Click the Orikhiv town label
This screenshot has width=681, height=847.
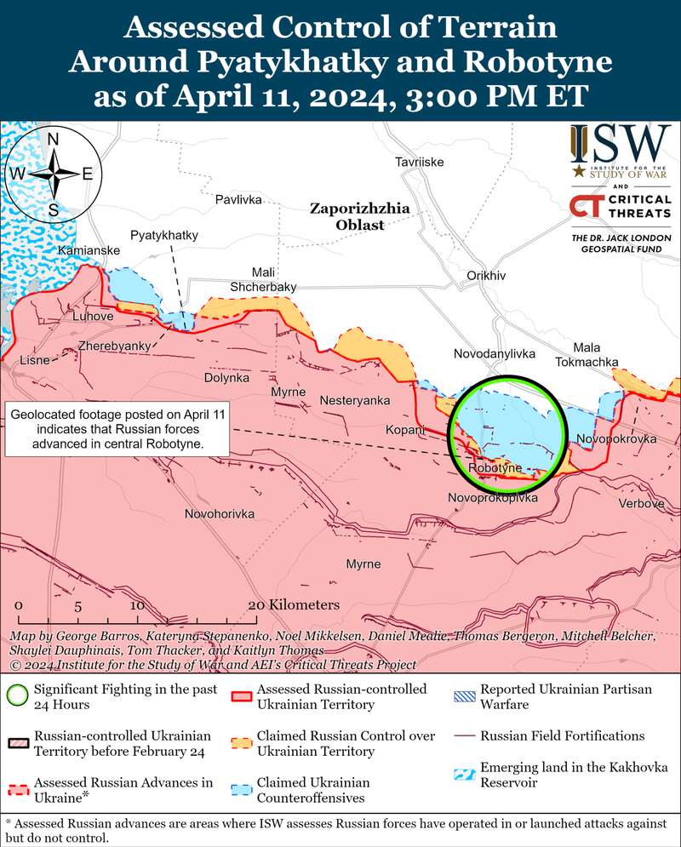pos(487,276)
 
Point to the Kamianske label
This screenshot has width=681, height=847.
pos(89,250)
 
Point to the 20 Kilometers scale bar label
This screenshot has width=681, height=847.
pos(293,605)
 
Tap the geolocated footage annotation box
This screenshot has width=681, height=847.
pos(117,430)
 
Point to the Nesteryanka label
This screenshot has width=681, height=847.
pos(355,400)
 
